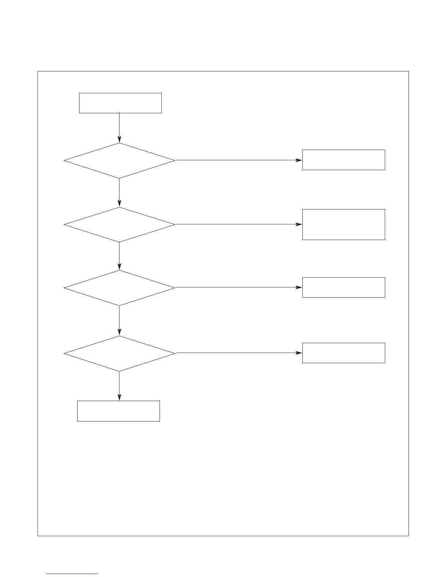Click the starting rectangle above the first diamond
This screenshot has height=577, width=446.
[x=120, y=103]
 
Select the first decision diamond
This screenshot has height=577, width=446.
[x=120, y=160]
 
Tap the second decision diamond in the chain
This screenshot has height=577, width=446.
[x=120, y=224]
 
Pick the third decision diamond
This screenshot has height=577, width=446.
[x=120, y=288]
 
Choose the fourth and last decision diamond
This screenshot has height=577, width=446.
[x=120, y=353]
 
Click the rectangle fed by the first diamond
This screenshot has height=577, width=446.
[x=344, y=160]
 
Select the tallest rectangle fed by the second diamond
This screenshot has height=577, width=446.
[x=344, y=224]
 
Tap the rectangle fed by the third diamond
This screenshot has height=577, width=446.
[x=344, y=287]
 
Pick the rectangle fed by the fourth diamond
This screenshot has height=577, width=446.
[x=344, y=353]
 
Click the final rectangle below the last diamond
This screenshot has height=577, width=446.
[x=118, y=411]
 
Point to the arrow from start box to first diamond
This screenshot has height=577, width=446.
[x=120, y=127]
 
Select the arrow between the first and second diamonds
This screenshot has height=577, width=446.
[x=120, y=192]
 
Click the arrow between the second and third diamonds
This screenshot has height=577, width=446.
[x=120, y=256]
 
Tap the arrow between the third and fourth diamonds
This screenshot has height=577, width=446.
[x=120, y=321]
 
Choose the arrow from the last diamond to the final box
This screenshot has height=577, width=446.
[x=120, y=386]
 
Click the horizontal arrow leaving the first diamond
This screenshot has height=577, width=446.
[x=239, y=160]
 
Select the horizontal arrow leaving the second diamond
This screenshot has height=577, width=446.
[x=239, y=224]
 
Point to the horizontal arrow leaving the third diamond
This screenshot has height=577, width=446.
[x=239, y=287]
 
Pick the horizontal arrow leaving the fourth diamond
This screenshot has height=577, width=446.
[x=239, y=353]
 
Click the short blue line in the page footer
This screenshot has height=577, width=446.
[x=72, y=574]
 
